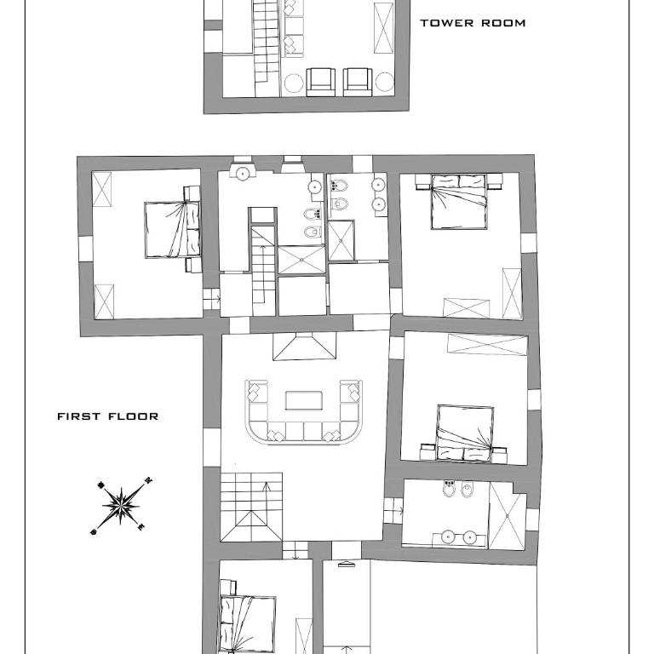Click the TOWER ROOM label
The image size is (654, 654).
[473, 23]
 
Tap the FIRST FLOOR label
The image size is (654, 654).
[107, 416]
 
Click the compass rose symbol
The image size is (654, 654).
[121, 507]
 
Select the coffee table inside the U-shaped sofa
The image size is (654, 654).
[304, 400]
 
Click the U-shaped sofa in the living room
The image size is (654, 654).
[304, 433]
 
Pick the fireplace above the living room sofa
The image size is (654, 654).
[305, 347]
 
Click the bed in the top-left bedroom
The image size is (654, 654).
[172, 230]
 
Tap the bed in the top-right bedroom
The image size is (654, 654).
[459, 202]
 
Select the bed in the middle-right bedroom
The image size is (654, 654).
[465, 433]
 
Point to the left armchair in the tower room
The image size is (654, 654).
[320, 82]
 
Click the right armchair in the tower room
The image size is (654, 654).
[358, 82]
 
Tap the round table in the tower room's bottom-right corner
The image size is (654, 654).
[385, 82]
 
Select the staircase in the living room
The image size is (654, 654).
[251, 508]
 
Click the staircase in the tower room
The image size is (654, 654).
[266, 42]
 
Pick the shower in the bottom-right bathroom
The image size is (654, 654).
[508, 516]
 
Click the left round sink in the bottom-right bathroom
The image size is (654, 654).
[447, 537]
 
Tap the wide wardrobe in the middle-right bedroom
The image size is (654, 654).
[487, 345]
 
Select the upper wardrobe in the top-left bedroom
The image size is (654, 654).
[102, 189]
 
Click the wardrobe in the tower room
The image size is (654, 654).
[383, 28]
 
